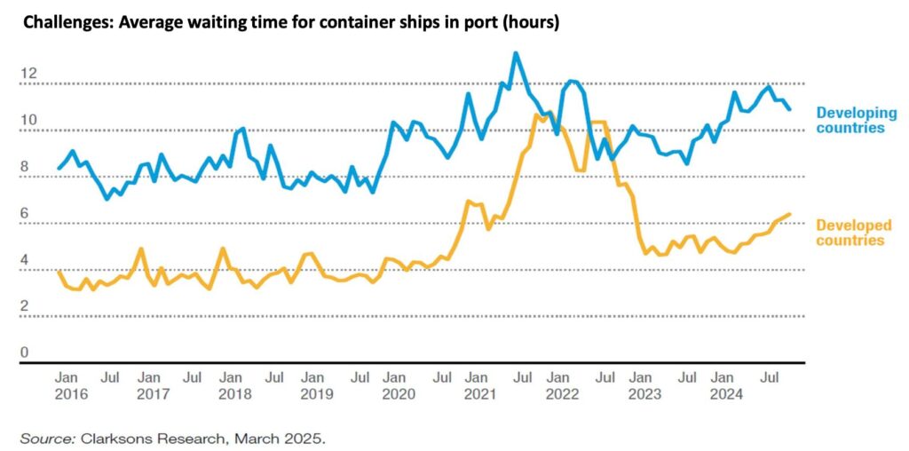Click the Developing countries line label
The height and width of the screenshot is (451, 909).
(850, 120)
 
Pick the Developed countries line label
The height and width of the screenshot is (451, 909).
(850, 233)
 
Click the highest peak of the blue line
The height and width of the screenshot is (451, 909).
(516, 53)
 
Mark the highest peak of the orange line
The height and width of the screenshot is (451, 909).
(548, 113)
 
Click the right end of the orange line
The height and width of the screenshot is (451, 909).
(789, 214)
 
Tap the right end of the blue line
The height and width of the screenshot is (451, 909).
(789, 109)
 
